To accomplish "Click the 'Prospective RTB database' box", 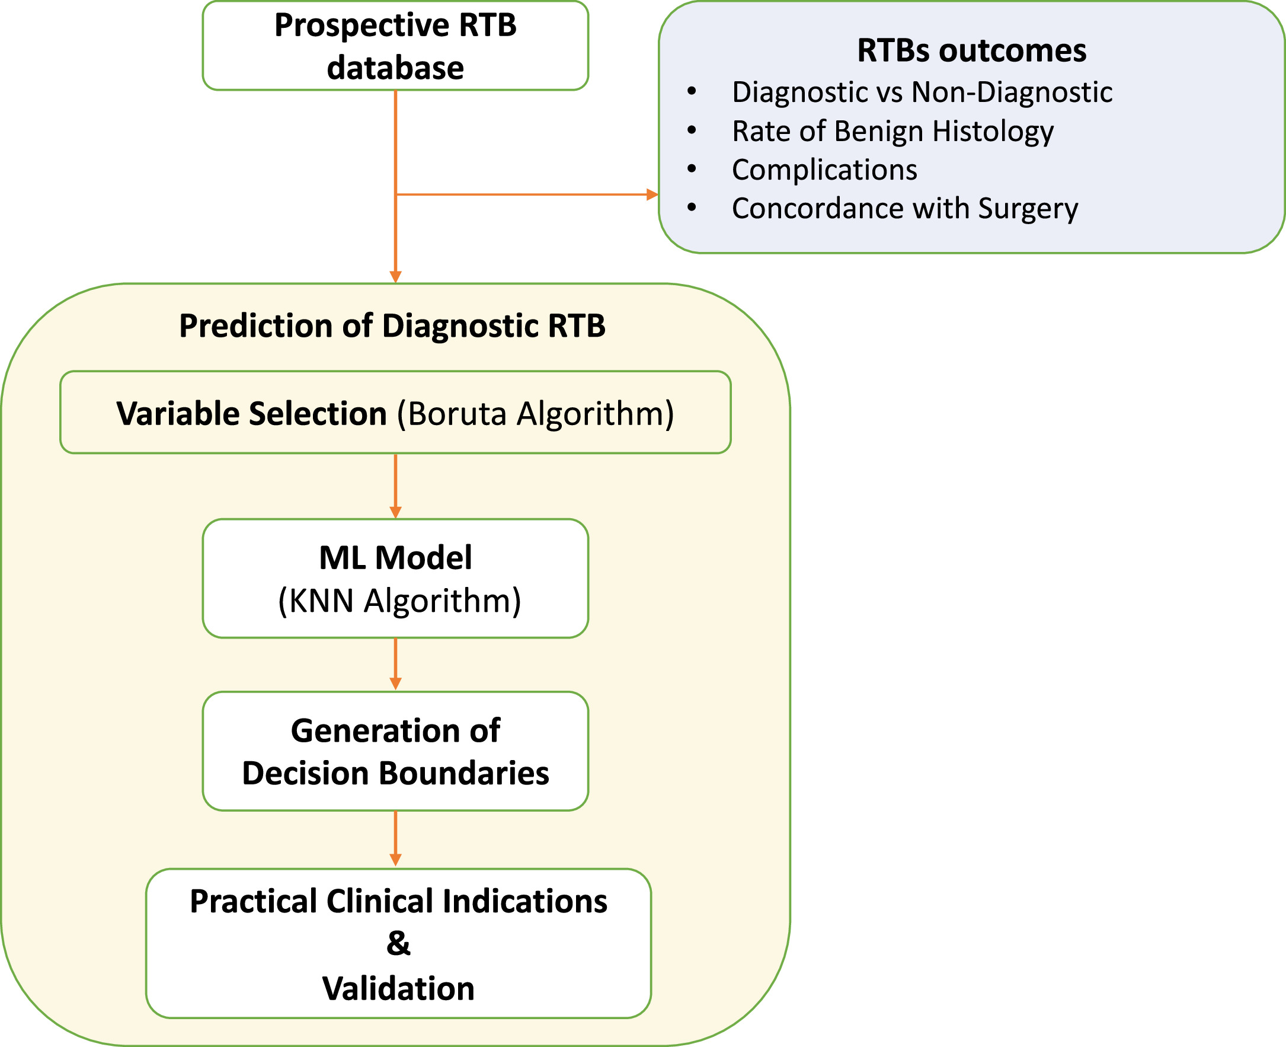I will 395,46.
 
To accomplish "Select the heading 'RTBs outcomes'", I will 971,50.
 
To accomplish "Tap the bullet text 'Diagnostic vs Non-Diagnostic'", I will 922,92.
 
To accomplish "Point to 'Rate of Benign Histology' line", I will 892,131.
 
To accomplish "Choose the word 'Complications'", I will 824,170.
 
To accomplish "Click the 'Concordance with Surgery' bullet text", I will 904,209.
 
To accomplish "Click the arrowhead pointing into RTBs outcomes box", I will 652,194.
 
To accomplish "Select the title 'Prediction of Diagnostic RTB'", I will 392,325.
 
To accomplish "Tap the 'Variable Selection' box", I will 395,413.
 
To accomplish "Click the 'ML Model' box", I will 395,578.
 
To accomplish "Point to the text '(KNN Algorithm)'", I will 399,601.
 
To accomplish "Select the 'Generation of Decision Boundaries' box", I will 395,751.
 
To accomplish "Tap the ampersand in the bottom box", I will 398,943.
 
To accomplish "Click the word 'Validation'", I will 398,989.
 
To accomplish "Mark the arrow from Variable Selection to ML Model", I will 395,486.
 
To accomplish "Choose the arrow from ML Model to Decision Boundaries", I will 395,663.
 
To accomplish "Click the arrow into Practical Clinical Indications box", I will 395,838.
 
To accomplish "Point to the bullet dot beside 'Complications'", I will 692,169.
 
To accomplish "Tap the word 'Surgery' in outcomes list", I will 1028,209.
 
